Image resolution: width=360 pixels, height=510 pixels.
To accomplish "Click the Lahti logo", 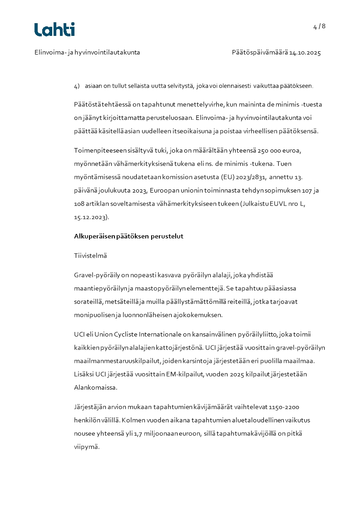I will coord(54,30).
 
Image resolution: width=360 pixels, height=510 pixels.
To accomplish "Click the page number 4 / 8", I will coord(319,26).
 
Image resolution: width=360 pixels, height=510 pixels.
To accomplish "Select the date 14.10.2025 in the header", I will coord(305,53).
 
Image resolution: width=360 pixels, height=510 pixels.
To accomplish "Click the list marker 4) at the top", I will coord(77,86).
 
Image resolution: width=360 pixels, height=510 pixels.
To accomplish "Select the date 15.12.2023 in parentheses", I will coord(91,218).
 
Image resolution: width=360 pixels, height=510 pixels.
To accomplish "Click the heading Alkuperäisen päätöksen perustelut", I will coord(128,237).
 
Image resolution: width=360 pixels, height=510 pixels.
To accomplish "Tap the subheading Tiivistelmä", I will coord(90,256).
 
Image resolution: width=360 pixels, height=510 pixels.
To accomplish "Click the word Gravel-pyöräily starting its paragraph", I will coord(96,275).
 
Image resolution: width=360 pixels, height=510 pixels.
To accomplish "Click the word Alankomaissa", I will coord(95,388).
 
